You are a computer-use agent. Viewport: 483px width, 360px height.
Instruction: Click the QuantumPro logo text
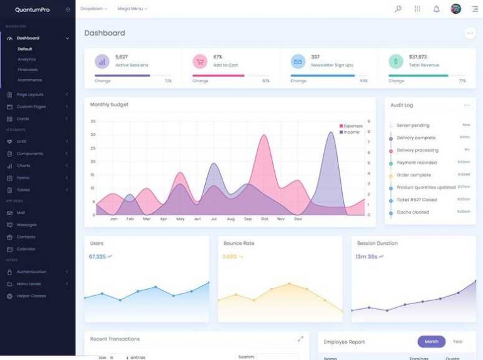[x=32, y=9]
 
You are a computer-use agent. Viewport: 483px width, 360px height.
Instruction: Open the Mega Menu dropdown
[x=132, y=9]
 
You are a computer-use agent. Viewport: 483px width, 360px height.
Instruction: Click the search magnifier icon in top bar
[x=398, y=9]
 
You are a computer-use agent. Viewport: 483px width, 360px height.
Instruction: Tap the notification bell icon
[x=436, y=9]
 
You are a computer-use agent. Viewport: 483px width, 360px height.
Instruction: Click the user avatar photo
[x=456, y=9]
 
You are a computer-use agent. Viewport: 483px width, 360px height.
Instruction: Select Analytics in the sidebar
[x=27, y=59]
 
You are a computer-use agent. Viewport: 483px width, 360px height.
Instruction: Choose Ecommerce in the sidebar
[x=30, y=80]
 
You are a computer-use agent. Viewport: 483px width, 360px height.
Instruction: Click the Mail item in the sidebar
[x=21, y=212]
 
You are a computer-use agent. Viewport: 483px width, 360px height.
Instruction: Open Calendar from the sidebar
[x=26, y=249]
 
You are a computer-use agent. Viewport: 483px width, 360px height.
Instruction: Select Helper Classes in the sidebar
[x=31, y=296]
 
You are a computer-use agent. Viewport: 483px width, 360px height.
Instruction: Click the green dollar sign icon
[x=396, y=61]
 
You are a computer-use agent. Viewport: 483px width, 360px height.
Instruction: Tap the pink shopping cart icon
[x=200, y=61]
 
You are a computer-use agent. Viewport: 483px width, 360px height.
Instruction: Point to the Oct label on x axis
[x=264, y=219]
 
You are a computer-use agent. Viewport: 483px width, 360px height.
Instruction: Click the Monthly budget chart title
[x=109, y=104]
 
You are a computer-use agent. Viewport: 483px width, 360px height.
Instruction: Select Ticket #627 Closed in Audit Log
[x=416, y=200]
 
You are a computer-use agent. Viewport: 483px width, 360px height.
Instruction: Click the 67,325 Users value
[x=97, y=256]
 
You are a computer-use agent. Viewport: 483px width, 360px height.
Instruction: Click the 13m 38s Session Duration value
[x=366, y=256]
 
